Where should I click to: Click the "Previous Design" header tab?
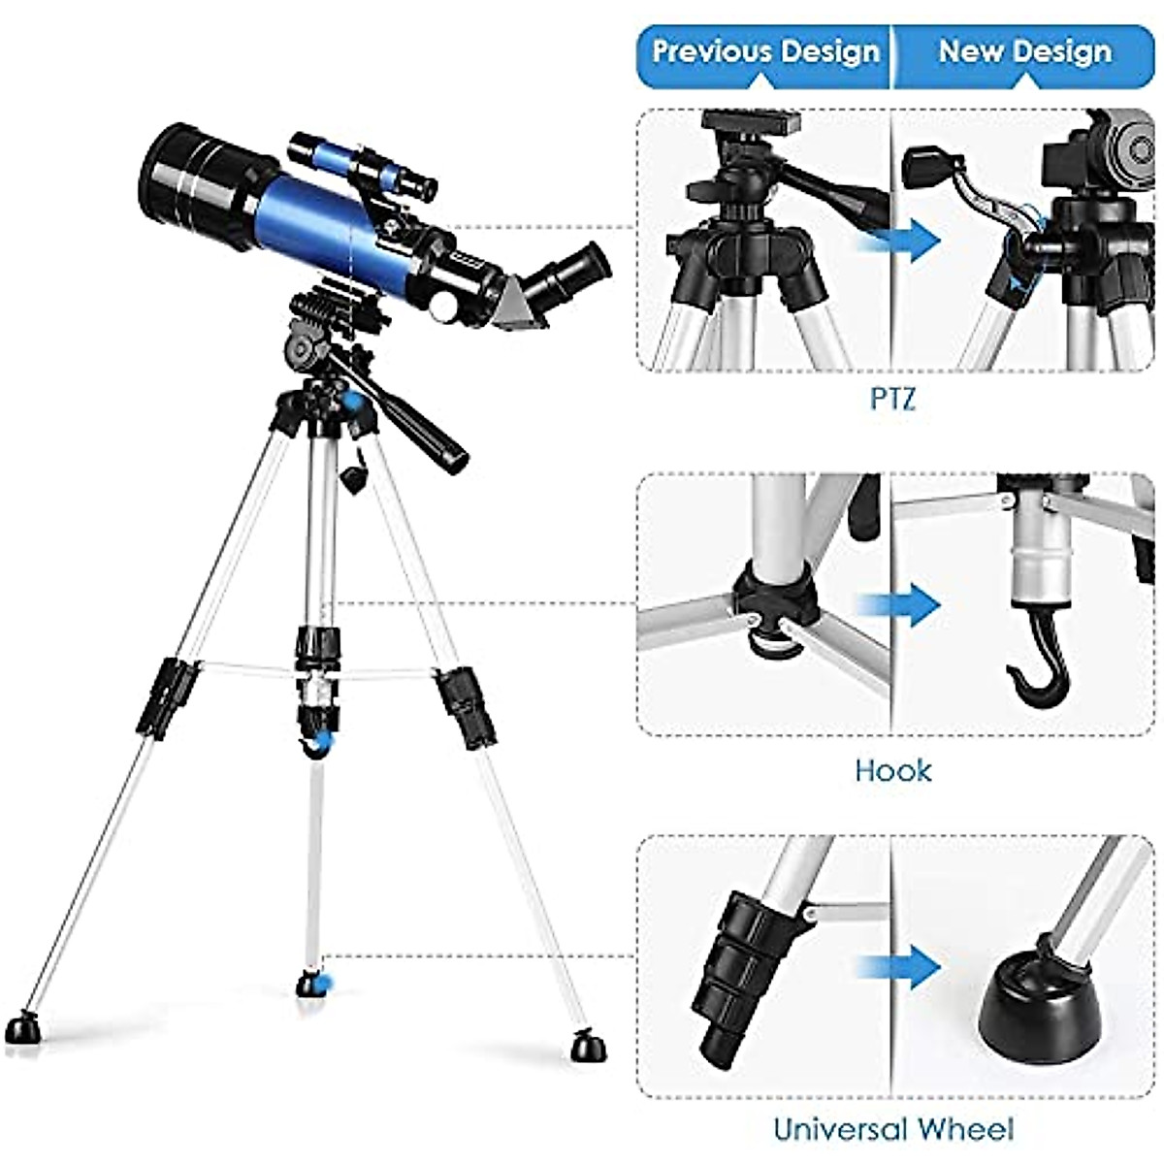coord(764,51)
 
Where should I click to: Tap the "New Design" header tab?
coord(1024,51)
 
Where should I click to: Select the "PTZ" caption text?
coord(891,399)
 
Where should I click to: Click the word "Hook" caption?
coord(892,771)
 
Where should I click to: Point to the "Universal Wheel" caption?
coord(892,1129)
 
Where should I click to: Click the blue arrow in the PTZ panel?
coord(912,242)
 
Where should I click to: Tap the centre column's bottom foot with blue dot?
coord(312,984)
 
